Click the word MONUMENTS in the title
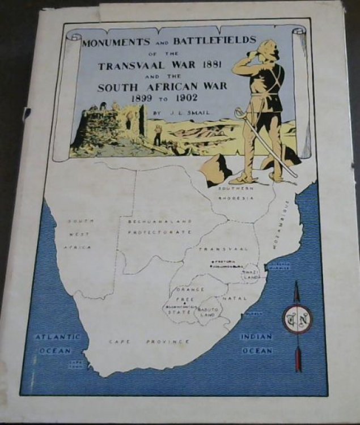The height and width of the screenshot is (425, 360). (x=114, y=44)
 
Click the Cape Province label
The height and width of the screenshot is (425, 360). (x=149, y=342)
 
